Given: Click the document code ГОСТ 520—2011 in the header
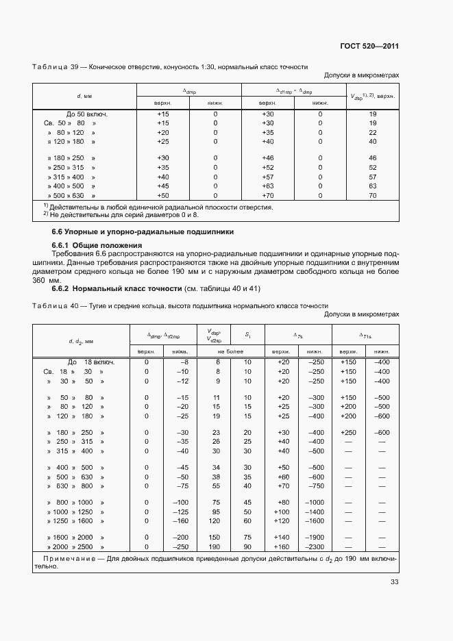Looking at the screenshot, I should point(369,47).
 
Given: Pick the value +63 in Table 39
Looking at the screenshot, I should point(267,186).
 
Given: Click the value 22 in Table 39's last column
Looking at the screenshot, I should point(372,132).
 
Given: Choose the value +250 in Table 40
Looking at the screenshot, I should point(348,432).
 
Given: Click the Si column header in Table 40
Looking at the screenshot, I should point(247,335).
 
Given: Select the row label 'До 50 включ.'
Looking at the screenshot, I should point(87,114).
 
